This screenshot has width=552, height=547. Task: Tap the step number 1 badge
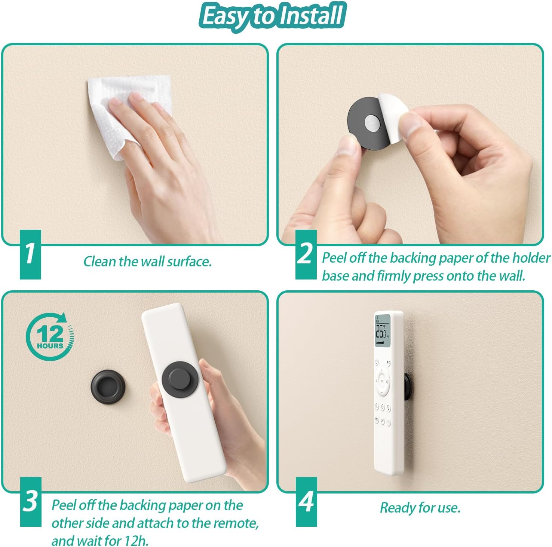[30, 254]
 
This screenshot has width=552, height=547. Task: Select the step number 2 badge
[306, 254]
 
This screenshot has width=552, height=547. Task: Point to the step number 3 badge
[31, 502]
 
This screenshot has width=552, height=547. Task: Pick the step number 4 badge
[306, 502]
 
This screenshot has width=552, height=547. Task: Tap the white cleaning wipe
[127, 112]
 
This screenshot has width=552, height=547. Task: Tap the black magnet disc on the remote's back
[181, 380]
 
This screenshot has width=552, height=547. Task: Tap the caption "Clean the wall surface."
[147, 261]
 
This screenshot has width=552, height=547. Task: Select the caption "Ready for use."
[420, 508]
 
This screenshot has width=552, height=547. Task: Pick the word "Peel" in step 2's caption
[336, 258]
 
